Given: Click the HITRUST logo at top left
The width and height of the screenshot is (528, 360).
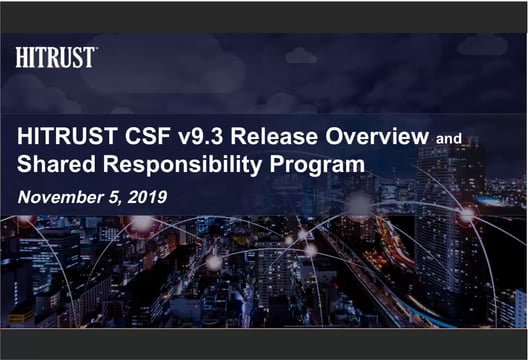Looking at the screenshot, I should [55, 58].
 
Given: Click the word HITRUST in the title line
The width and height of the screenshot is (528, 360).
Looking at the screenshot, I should [62, 138].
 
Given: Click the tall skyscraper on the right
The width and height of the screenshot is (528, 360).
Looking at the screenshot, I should [448, 220].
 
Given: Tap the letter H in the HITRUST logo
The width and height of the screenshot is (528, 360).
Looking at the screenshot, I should [21, 58].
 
